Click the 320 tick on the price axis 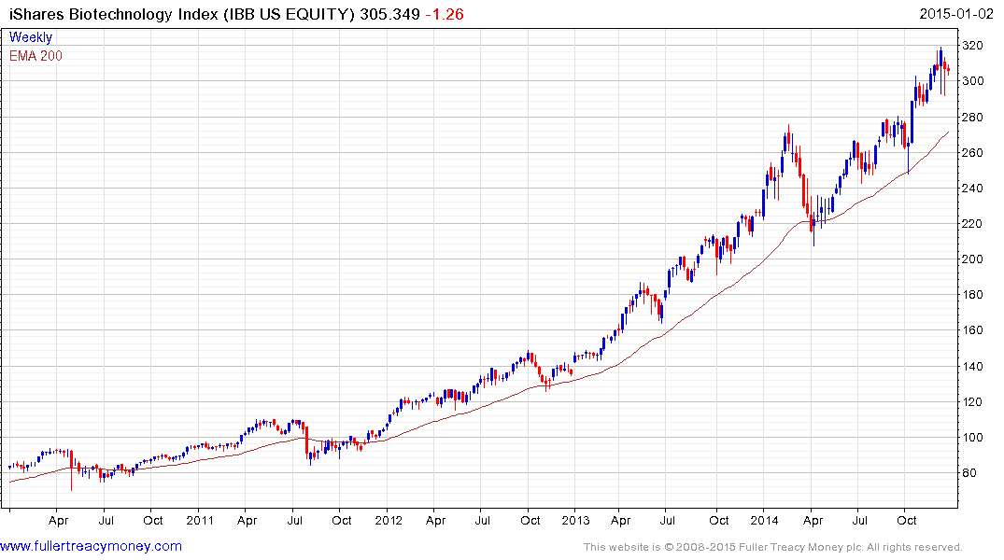[x=975, y=46]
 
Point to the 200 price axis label [x=975, y=259]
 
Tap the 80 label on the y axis [x=972, y=473]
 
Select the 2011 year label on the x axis [x=200, y=520]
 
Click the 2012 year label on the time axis [x=389, y=520]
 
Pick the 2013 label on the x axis [x=576, y=520]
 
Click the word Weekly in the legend [x=31, y=37]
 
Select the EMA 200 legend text [x=36, y=55]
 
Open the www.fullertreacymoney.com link [x=91, y=546]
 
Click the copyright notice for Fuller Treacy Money [x=772, y=547]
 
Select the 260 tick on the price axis [x=975, y=153]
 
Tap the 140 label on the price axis [x=975, y=367]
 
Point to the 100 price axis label [x=975, y=438]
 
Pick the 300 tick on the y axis [x=975, y=81]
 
